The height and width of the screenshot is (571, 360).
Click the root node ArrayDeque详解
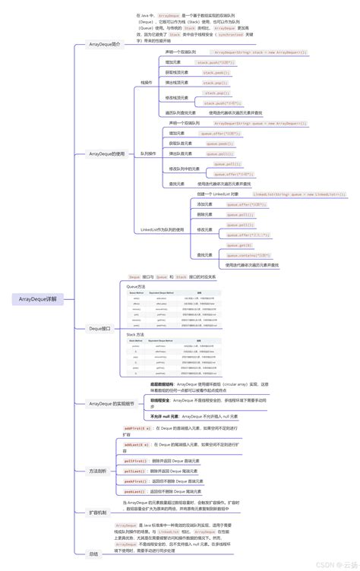click(38, 299)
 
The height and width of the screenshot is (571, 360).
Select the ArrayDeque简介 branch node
click(105, 45)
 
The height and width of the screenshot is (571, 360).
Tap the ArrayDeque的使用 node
click(106, 153)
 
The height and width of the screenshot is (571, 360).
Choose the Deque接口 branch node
click(99, 329)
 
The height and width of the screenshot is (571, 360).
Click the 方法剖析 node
click(98, 471)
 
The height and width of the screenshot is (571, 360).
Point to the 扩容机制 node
click(98, 513)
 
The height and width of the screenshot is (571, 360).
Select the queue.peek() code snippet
click(220, 143)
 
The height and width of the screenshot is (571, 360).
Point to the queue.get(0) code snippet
click(240, 245)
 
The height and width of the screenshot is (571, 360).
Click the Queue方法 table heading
click(136, 286)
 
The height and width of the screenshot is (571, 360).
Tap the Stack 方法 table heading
click(136, 334)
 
